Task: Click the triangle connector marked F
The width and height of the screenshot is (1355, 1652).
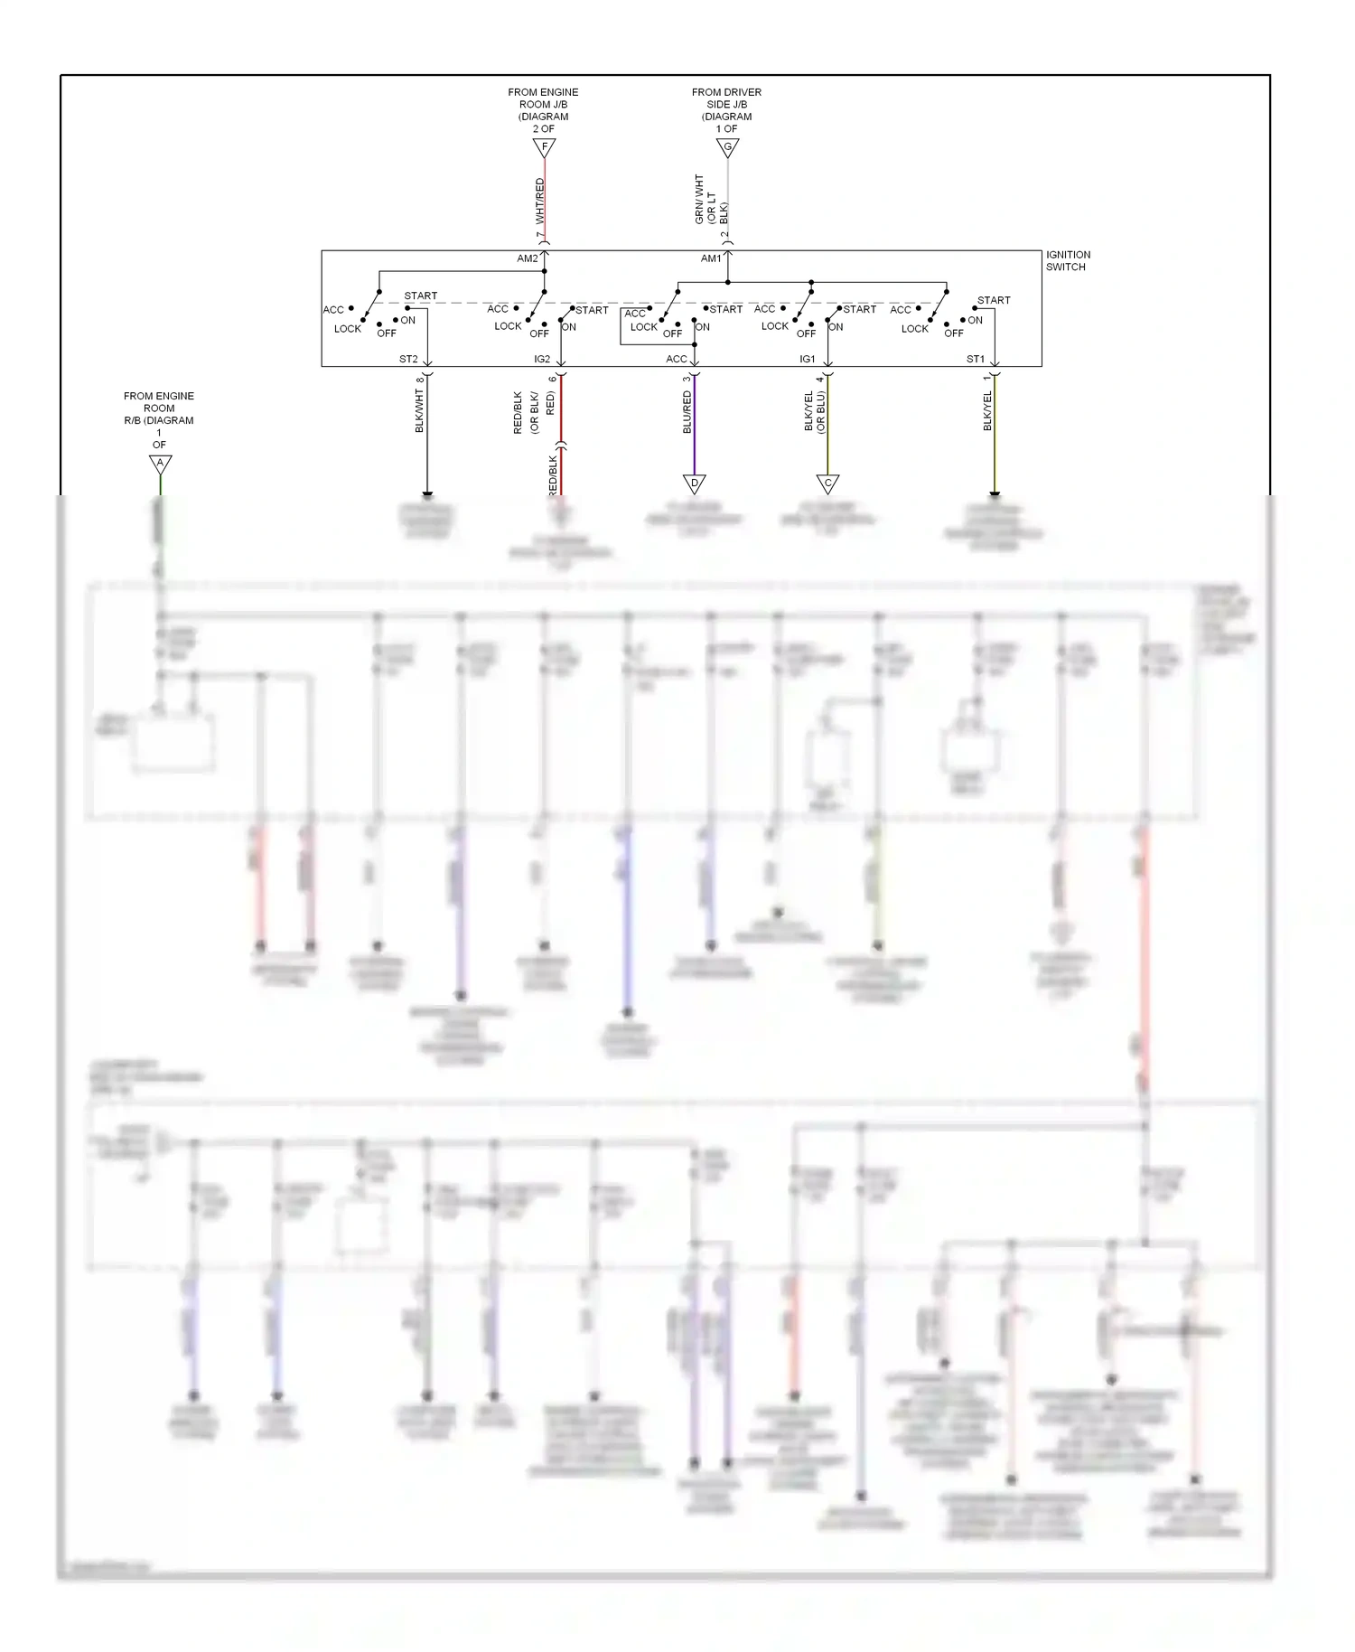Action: click(x=544, y=146)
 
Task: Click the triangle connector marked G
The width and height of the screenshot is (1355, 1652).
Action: click(x=727, y=146)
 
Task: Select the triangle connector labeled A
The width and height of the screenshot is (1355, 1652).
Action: click(x=160, y=464)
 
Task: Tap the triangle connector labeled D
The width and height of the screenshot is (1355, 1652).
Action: click(x=694, y=483)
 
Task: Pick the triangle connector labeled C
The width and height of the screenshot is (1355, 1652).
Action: click(x=827, y=483)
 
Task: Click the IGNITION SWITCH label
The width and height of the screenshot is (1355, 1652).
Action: click(x=1068, y=260)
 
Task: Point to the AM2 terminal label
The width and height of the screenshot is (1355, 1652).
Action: click(x=527, y=258)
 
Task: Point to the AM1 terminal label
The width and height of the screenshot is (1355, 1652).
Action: click(x=711, y=258)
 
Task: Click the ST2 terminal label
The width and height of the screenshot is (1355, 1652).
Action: click(x=408, y=359)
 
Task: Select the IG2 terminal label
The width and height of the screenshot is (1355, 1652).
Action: click(x=542, y=359)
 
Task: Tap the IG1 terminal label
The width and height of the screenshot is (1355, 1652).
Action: click(x=807, y=359)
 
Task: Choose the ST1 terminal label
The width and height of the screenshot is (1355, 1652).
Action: click(x=976, y=359)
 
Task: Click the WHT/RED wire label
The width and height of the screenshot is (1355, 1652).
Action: click(x=539, y=201)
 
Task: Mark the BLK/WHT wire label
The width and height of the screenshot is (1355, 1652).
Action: click(x=419, y=411)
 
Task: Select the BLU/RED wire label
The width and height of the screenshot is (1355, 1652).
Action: click(x=687, y=412)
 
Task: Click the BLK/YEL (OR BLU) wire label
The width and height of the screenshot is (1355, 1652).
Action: click(x=815, y=411)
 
